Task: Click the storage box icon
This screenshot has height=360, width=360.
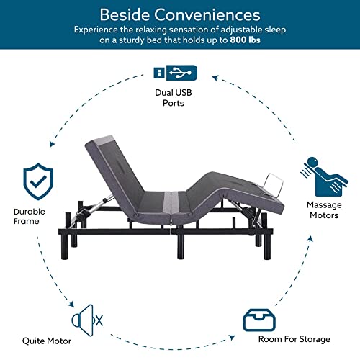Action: click(258, 319)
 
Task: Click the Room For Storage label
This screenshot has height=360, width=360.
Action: click(294, 338)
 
